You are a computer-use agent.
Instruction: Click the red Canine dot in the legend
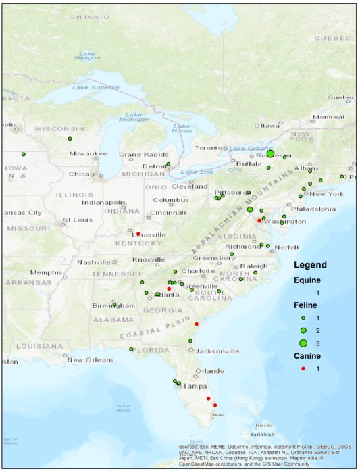(304, 368)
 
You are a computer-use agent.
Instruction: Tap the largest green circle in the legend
(304, 343)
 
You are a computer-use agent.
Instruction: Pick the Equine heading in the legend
(307, 280)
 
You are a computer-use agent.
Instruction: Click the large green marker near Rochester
(270, 154)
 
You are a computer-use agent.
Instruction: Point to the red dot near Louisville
(138, 234)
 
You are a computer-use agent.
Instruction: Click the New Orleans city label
(84, 359)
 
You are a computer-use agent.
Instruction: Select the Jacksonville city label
(217, 351)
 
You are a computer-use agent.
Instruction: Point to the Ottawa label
(267, 126)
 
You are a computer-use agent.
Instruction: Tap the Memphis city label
(46, 272)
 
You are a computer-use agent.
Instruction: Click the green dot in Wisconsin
(70, 139)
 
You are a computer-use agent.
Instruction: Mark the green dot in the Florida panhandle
(131, 349)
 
